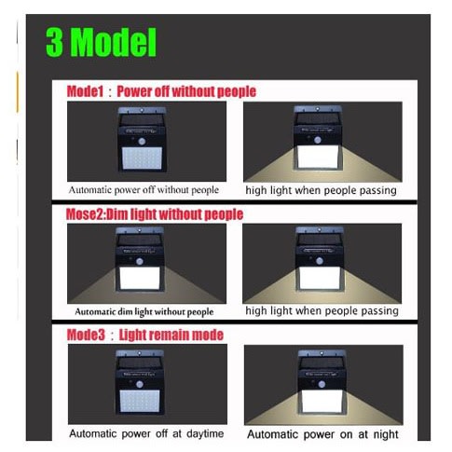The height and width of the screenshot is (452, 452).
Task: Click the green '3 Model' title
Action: point(102,42)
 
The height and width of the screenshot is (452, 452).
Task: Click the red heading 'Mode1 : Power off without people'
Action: point(161,91)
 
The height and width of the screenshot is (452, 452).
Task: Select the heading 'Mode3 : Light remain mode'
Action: point(145,335)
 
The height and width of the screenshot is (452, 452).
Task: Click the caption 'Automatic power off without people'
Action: point(144,190)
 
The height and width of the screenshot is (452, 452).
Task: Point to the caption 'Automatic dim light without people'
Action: point(144,312)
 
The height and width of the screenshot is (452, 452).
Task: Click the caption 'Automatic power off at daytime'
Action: point(146,433)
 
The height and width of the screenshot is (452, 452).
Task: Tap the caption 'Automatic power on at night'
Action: point(322,434)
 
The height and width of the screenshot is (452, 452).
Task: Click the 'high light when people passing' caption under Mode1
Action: point(322,190)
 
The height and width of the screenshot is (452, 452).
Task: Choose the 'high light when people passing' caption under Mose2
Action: point(322,310)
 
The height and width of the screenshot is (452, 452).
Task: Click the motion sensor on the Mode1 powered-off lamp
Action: point(142,142)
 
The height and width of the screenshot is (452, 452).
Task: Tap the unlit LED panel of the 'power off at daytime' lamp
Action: point(140,401)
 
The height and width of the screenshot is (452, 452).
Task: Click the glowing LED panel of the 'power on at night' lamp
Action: point(322,402)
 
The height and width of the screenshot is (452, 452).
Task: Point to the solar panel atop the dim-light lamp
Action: point(140,240)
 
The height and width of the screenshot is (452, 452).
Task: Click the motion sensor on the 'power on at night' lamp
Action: point(322,384)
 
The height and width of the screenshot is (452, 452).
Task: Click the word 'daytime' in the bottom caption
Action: point(205,433)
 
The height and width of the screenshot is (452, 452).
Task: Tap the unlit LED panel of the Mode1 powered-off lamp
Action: point(142,158)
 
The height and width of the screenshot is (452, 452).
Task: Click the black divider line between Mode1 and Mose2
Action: point(234,202)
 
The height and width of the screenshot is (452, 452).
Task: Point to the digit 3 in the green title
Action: point(55,42)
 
